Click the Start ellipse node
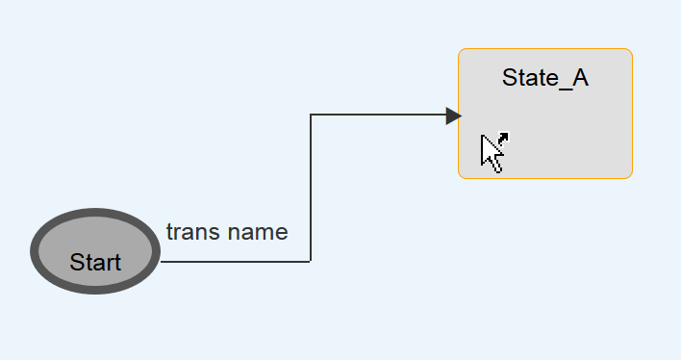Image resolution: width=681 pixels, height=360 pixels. pos(95,251)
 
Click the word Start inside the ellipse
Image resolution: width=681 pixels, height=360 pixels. pos(95,262)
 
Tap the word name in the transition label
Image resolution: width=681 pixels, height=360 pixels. pos(258,233)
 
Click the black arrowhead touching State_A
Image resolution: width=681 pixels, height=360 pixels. pos(453,116)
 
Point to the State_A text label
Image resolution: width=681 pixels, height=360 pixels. pos(545,79)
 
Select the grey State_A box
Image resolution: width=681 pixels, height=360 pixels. pos(545,114)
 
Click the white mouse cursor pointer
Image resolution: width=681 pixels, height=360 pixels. pos(491,153)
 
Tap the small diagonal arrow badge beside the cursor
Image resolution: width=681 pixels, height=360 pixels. pos(503,139)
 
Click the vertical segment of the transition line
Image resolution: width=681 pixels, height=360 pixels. pos(311,188)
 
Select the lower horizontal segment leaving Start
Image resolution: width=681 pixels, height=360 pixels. pos(236,261)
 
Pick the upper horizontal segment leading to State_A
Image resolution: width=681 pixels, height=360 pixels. pos(378,115)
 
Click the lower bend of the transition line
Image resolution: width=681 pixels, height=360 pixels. pos(311,261)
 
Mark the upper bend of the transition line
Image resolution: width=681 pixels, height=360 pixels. pos(311,115)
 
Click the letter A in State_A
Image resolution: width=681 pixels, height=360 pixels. pos(581,77)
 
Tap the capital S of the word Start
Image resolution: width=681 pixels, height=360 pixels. pos(76,262)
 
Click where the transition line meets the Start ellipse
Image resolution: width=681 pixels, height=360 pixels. pos(161,261)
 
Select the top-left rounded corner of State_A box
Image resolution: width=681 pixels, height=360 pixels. pos(462,52)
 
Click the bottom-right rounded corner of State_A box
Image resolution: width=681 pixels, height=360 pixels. pos(630,175)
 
